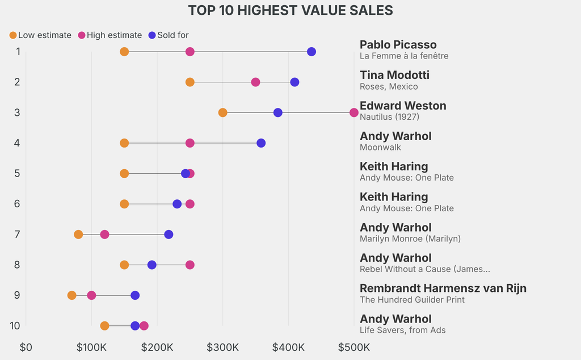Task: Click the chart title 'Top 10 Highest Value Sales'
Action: point(290,10)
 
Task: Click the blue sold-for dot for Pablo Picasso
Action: point(311,52)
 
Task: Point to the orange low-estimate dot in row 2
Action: point(190,82)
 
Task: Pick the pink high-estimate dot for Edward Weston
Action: point(354,112)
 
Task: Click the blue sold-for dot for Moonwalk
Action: point(261,143)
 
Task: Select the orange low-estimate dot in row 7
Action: point(78,235)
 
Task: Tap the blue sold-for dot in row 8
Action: point(152,265)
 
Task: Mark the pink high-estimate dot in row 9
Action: point(91,295)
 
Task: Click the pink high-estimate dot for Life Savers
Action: point(144,326)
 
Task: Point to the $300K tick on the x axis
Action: point(223,347)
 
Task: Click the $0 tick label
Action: point(26,347)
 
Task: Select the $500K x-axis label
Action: point(354,347)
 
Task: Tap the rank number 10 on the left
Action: point(15,326)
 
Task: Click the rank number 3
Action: point(18,112)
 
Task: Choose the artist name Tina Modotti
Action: point(394,75)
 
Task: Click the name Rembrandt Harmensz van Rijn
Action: point(443,288)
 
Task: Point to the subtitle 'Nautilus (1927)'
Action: point(389,117)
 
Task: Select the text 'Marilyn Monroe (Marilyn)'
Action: point(410,238)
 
